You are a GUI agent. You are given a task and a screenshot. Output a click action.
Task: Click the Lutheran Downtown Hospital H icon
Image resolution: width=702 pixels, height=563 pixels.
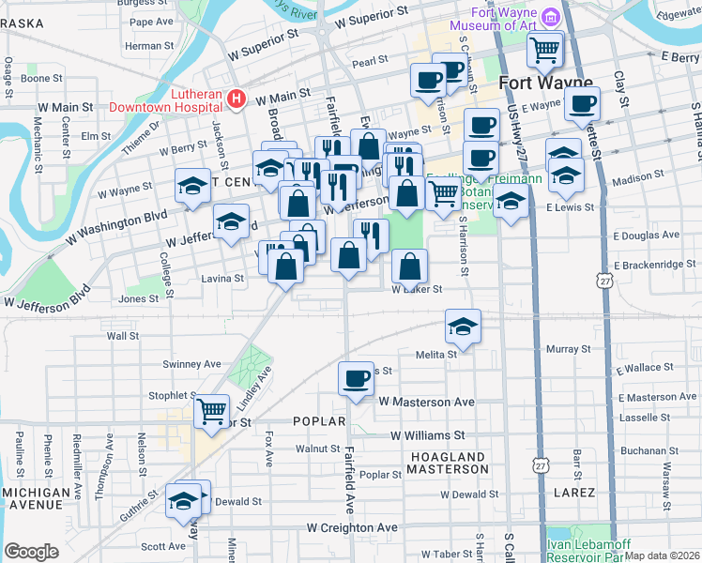tap(237, 98)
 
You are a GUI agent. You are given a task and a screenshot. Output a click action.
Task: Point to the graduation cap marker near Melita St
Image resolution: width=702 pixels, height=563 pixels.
tap(463, 326)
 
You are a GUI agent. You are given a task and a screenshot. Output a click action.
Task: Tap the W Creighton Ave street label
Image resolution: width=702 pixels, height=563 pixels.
tap(353, 528)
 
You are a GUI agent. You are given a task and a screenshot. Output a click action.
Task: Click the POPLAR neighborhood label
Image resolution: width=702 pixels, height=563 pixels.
tap(319, 421)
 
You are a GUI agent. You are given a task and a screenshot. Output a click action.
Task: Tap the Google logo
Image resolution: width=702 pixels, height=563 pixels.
tap(32, 552)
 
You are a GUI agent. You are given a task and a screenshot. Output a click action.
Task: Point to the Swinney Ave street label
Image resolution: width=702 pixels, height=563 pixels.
tap(191, 364)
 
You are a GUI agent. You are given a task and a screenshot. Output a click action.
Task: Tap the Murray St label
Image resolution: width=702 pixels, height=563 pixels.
tap(569, 349)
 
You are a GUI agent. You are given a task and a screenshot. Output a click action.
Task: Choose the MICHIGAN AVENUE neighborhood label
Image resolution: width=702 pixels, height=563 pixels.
tap(36, 499)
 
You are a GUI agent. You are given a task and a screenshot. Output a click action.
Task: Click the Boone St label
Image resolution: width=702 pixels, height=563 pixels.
tap(41, 79)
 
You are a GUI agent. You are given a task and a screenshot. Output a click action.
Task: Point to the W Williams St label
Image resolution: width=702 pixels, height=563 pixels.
tap(427, 435)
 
